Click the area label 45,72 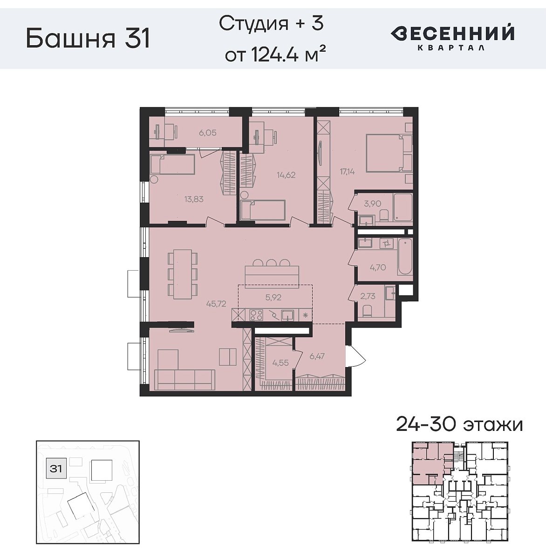(216, 304)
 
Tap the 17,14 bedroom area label (347, 171)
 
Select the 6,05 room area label (207, 133)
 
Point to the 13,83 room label (194, 199)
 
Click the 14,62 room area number (286, 175)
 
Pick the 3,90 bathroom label (372, 204)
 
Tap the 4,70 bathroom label (377, 267)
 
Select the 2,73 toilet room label (368, 296)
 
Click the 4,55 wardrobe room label (280, 363)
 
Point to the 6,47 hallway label (317, 356)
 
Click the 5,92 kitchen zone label (273, 297)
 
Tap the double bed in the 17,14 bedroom (385, 153)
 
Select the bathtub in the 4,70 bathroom (405, 257)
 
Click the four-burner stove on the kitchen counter (256, 315)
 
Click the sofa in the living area (184, 379)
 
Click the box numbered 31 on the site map (56, 468)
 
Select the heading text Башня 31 (88, 38)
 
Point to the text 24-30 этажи (459, 425)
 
